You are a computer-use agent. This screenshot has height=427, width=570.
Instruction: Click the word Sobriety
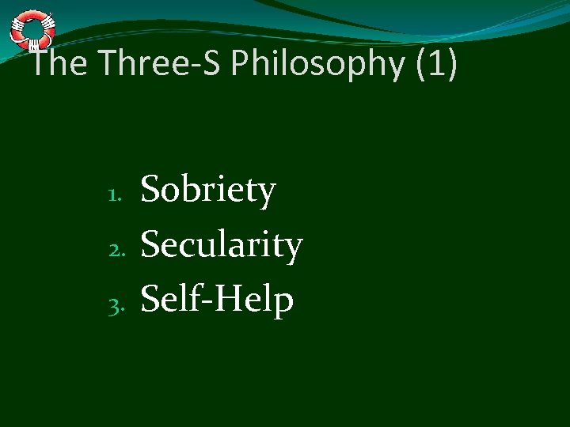(208, 192)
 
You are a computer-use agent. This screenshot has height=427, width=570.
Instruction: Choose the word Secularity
(222, 245)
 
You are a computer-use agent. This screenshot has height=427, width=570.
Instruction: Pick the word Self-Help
(217, 299)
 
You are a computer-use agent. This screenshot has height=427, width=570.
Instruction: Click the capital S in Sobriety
(150, 191)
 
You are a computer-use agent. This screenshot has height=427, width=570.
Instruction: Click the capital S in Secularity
(150, 244)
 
